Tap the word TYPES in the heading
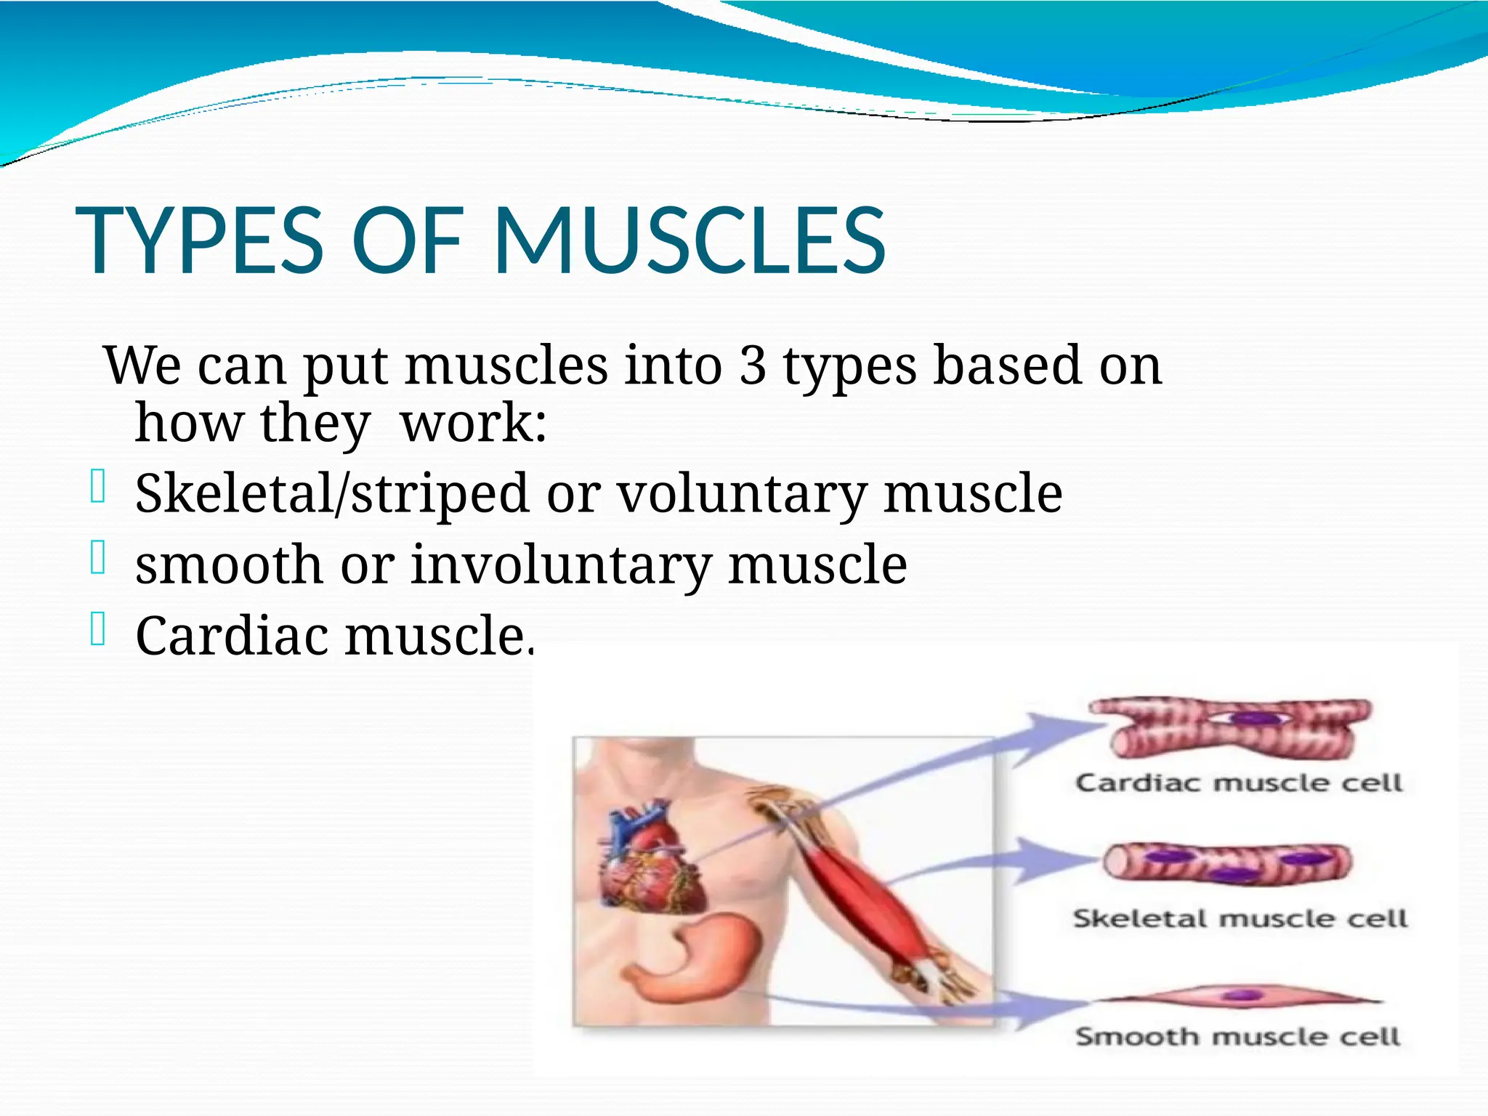pyautogui.click(x=199, y=241)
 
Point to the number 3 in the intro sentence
pyautogui.click(x=753, y=365)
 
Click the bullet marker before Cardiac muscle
pyautogui.click(x=99, y=629)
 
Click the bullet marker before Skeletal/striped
pyautogui.click(x=99, y=487)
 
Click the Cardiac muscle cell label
pyautogui.click(x=1239, y=783)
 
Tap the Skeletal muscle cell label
pyautogui.click(x=1240, y=918)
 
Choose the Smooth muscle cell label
pyautogui.click(x=1237, y=1037)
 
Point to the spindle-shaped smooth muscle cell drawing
pyautogui.click(x=1239, y=997)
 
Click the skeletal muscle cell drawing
pyautogui.click(x=1228, y=863)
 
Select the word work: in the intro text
pyautogui.click(x=473, y=424)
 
